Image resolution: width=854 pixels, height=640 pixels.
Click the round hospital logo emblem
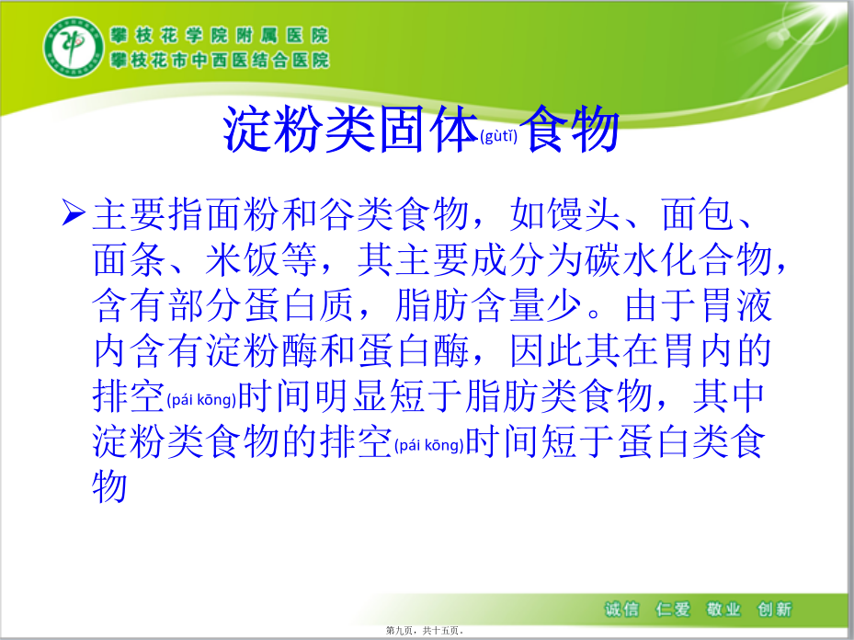pos(74,47)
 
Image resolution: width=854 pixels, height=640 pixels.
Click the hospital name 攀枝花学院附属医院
pos(220,36)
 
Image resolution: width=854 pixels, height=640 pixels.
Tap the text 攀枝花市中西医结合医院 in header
pos(220,60)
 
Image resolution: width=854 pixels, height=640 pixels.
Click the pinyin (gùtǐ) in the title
pos(499,135)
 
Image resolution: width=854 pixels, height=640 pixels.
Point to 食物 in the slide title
pos(572,129)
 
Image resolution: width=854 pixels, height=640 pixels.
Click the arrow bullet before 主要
pos(73,211)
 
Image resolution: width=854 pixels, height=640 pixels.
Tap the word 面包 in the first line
pos(697,214)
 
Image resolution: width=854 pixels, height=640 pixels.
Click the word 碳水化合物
pos(679,259)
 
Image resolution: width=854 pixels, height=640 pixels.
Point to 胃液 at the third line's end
pos(736,305)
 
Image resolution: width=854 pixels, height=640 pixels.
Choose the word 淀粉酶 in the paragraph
pos(262,350)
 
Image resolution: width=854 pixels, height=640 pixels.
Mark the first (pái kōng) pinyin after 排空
pos(201,400)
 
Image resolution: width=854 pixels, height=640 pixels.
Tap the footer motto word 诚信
pos(621,609)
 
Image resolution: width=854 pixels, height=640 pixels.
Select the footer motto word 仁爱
pos(673,609)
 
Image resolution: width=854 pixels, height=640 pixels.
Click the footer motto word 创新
pos(774,609)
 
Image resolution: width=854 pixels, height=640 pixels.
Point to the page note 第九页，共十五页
pos(425,630)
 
